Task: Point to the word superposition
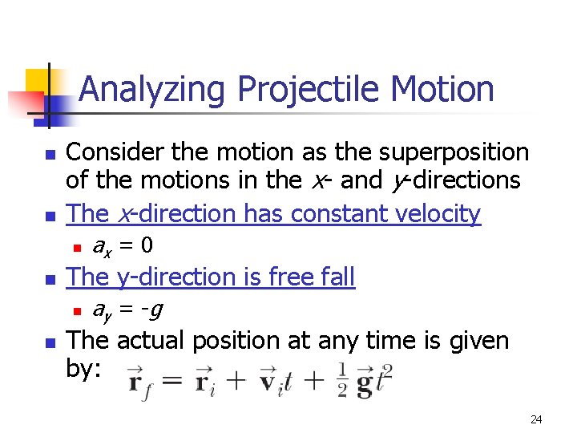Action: click(454, 152)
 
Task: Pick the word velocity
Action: click(443, 214)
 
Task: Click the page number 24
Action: click(536, 419)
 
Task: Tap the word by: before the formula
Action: click(85, 372)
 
